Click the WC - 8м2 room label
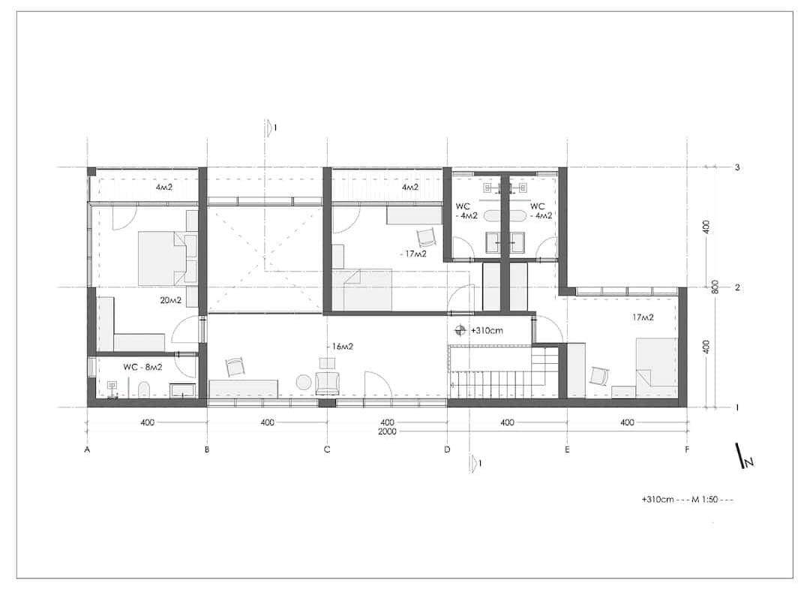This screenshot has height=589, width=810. point(142,367)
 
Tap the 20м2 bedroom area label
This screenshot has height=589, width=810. point(170,300)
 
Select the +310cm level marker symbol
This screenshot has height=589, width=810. point(460,330)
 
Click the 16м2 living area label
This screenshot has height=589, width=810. point(343,346)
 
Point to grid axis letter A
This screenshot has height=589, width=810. point(87,449)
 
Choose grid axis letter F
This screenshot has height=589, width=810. point(687,449)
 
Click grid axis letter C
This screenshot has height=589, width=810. point(327,449)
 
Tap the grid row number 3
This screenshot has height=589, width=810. point(737,167)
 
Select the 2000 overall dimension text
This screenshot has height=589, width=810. point(387,431)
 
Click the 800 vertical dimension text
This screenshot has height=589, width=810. point(715,287)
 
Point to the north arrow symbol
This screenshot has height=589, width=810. point(745,456)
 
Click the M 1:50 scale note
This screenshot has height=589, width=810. point(705,500)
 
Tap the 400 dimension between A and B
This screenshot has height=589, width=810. point(147,422)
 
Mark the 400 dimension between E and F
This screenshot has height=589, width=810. point(627,422)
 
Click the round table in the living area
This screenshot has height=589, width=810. point(303,383)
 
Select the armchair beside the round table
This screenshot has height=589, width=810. point(328,383)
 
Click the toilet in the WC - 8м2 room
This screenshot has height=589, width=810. point(144,389)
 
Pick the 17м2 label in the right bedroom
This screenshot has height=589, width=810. point(643,317)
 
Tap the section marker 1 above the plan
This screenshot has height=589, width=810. point(270,128)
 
